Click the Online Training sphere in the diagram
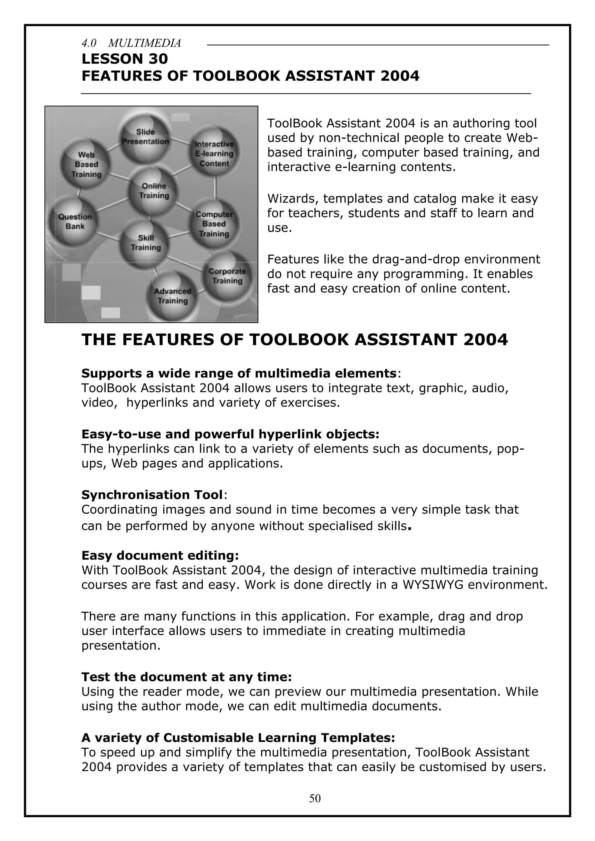pos(153,191)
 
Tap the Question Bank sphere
pos(75,222)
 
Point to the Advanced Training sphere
pos(173,296)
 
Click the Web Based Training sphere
pos(86,164)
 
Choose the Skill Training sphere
pos(146,243)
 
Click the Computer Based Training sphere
pos(214,224)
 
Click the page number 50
pos(315,798)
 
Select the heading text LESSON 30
pos(125,59)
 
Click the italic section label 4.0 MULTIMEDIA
pos(131,43)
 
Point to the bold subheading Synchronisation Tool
pos(152,494)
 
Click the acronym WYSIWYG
pos(432,584)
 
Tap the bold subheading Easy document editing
pos(160,555)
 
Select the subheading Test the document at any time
pos(186,677)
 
